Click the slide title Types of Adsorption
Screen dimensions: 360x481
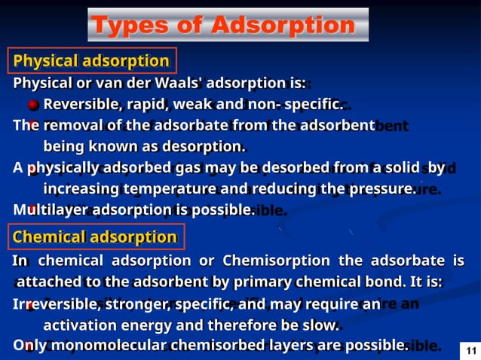click(222, 25)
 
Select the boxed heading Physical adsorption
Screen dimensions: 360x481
click(91, 60)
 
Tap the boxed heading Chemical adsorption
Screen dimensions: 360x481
click(94, 237)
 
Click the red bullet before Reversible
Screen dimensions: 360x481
click(33, 105)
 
